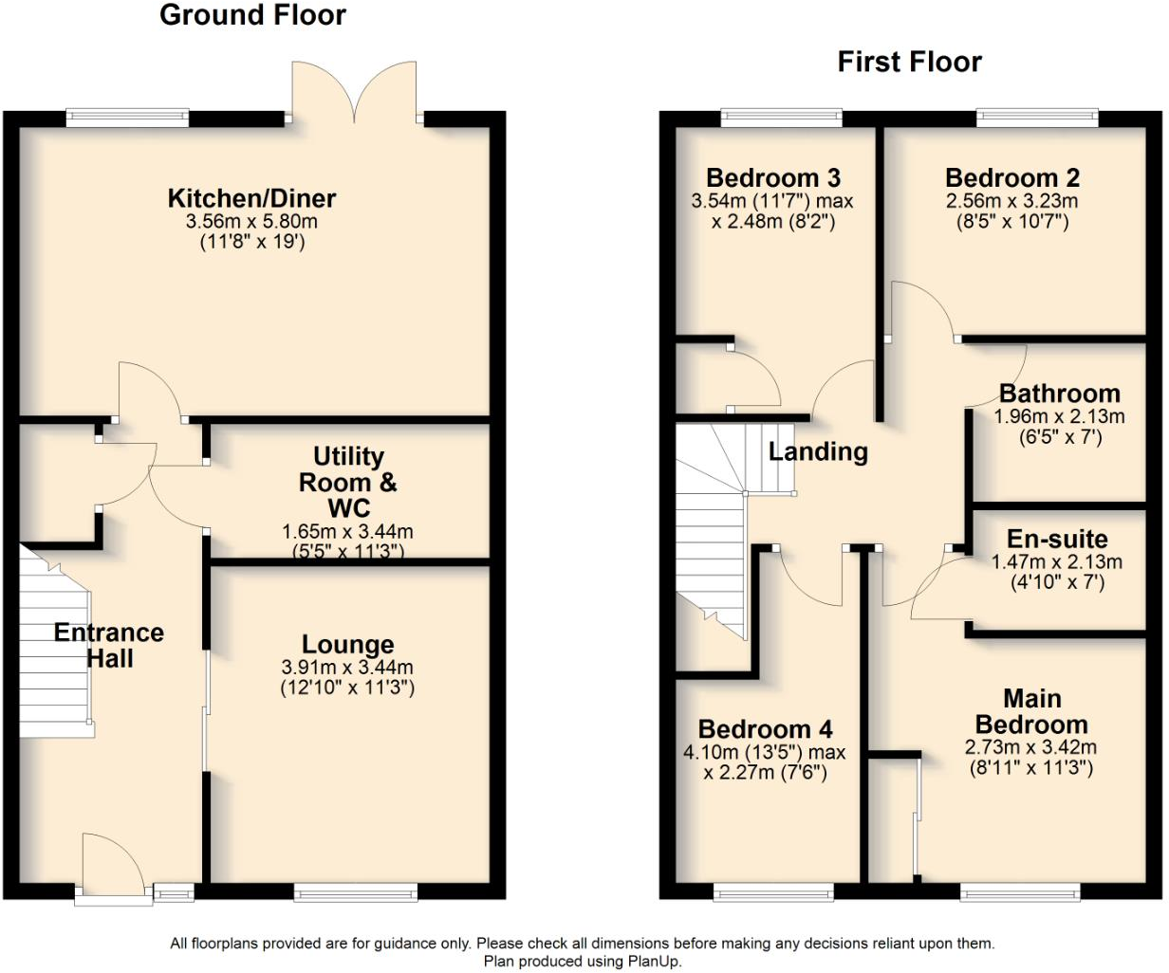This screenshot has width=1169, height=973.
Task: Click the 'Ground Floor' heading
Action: click(x=252, y=16)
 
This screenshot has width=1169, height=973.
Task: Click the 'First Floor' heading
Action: click(x=909, y=63)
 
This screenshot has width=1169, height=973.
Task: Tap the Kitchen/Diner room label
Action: click(x=251, y=199)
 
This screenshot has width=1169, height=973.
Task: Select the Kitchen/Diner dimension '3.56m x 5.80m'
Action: click(x=251, y=222)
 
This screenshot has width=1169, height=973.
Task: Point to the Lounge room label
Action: click(x=347, y=646)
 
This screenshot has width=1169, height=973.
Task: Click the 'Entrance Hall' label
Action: click(x=109, y=646)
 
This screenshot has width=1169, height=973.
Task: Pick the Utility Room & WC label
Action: click(x=347, y=482)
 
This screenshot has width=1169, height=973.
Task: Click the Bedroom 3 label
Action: click(x=773, y=178)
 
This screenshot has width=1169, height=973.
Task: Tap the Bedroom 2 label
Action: click(x=1011, y=178)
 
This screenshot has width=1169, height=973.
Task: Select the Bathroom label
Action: click(x=1059, y=394)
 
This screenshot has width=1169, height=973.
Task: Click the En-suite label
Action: click(x=1057, y=540)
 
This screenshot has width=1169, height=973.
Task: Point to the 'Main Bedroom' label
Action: click(x=1031, y=712)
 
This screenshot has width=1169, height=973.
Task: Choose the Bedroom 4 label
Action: click(x=765, y=729)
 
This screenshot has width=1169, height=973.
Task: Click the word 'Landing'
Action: click(x=818, y=452)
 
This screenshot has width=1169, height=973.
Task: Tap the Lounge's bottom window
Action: click(x=356, y=891)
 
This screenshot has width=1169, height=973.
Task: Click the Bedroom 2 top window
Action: click(x=1037, y=118)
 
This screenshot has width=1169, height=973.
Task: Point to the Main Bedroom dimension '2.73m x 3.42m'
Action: click(x=1030, y=747)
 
